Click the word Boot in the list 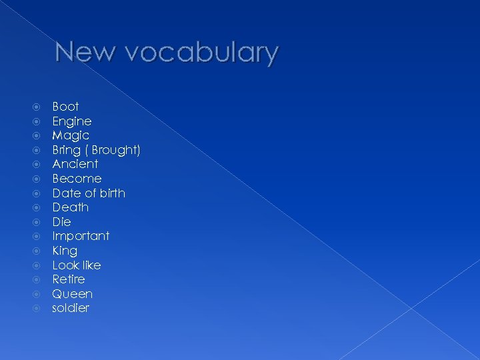click(x=65, y=107)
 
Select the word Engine click(x=71, y=121)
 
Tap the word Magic click(x=71, y=135)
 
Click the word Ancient click(x=75, y=164)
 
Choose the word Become click(x=77, y=179)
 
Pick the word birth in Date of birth click(x=111, y=193)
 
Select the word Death click(x=70, y=207)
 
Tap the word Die click(x=61, y=221)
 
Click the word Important click(x=81, y=236)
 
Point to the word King click(x=65, y=251)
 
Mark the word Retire click(x=69, y=279)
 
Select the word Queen click(x=72, y=294)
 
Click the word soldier click(x=71, y=308)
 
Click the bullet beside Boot click(x=38, y=107)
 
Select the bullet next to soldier click(x=38, y=308)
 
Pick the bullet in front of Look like click(x=38, y=265)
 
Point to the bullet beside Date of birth click(x=38, y=193)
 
